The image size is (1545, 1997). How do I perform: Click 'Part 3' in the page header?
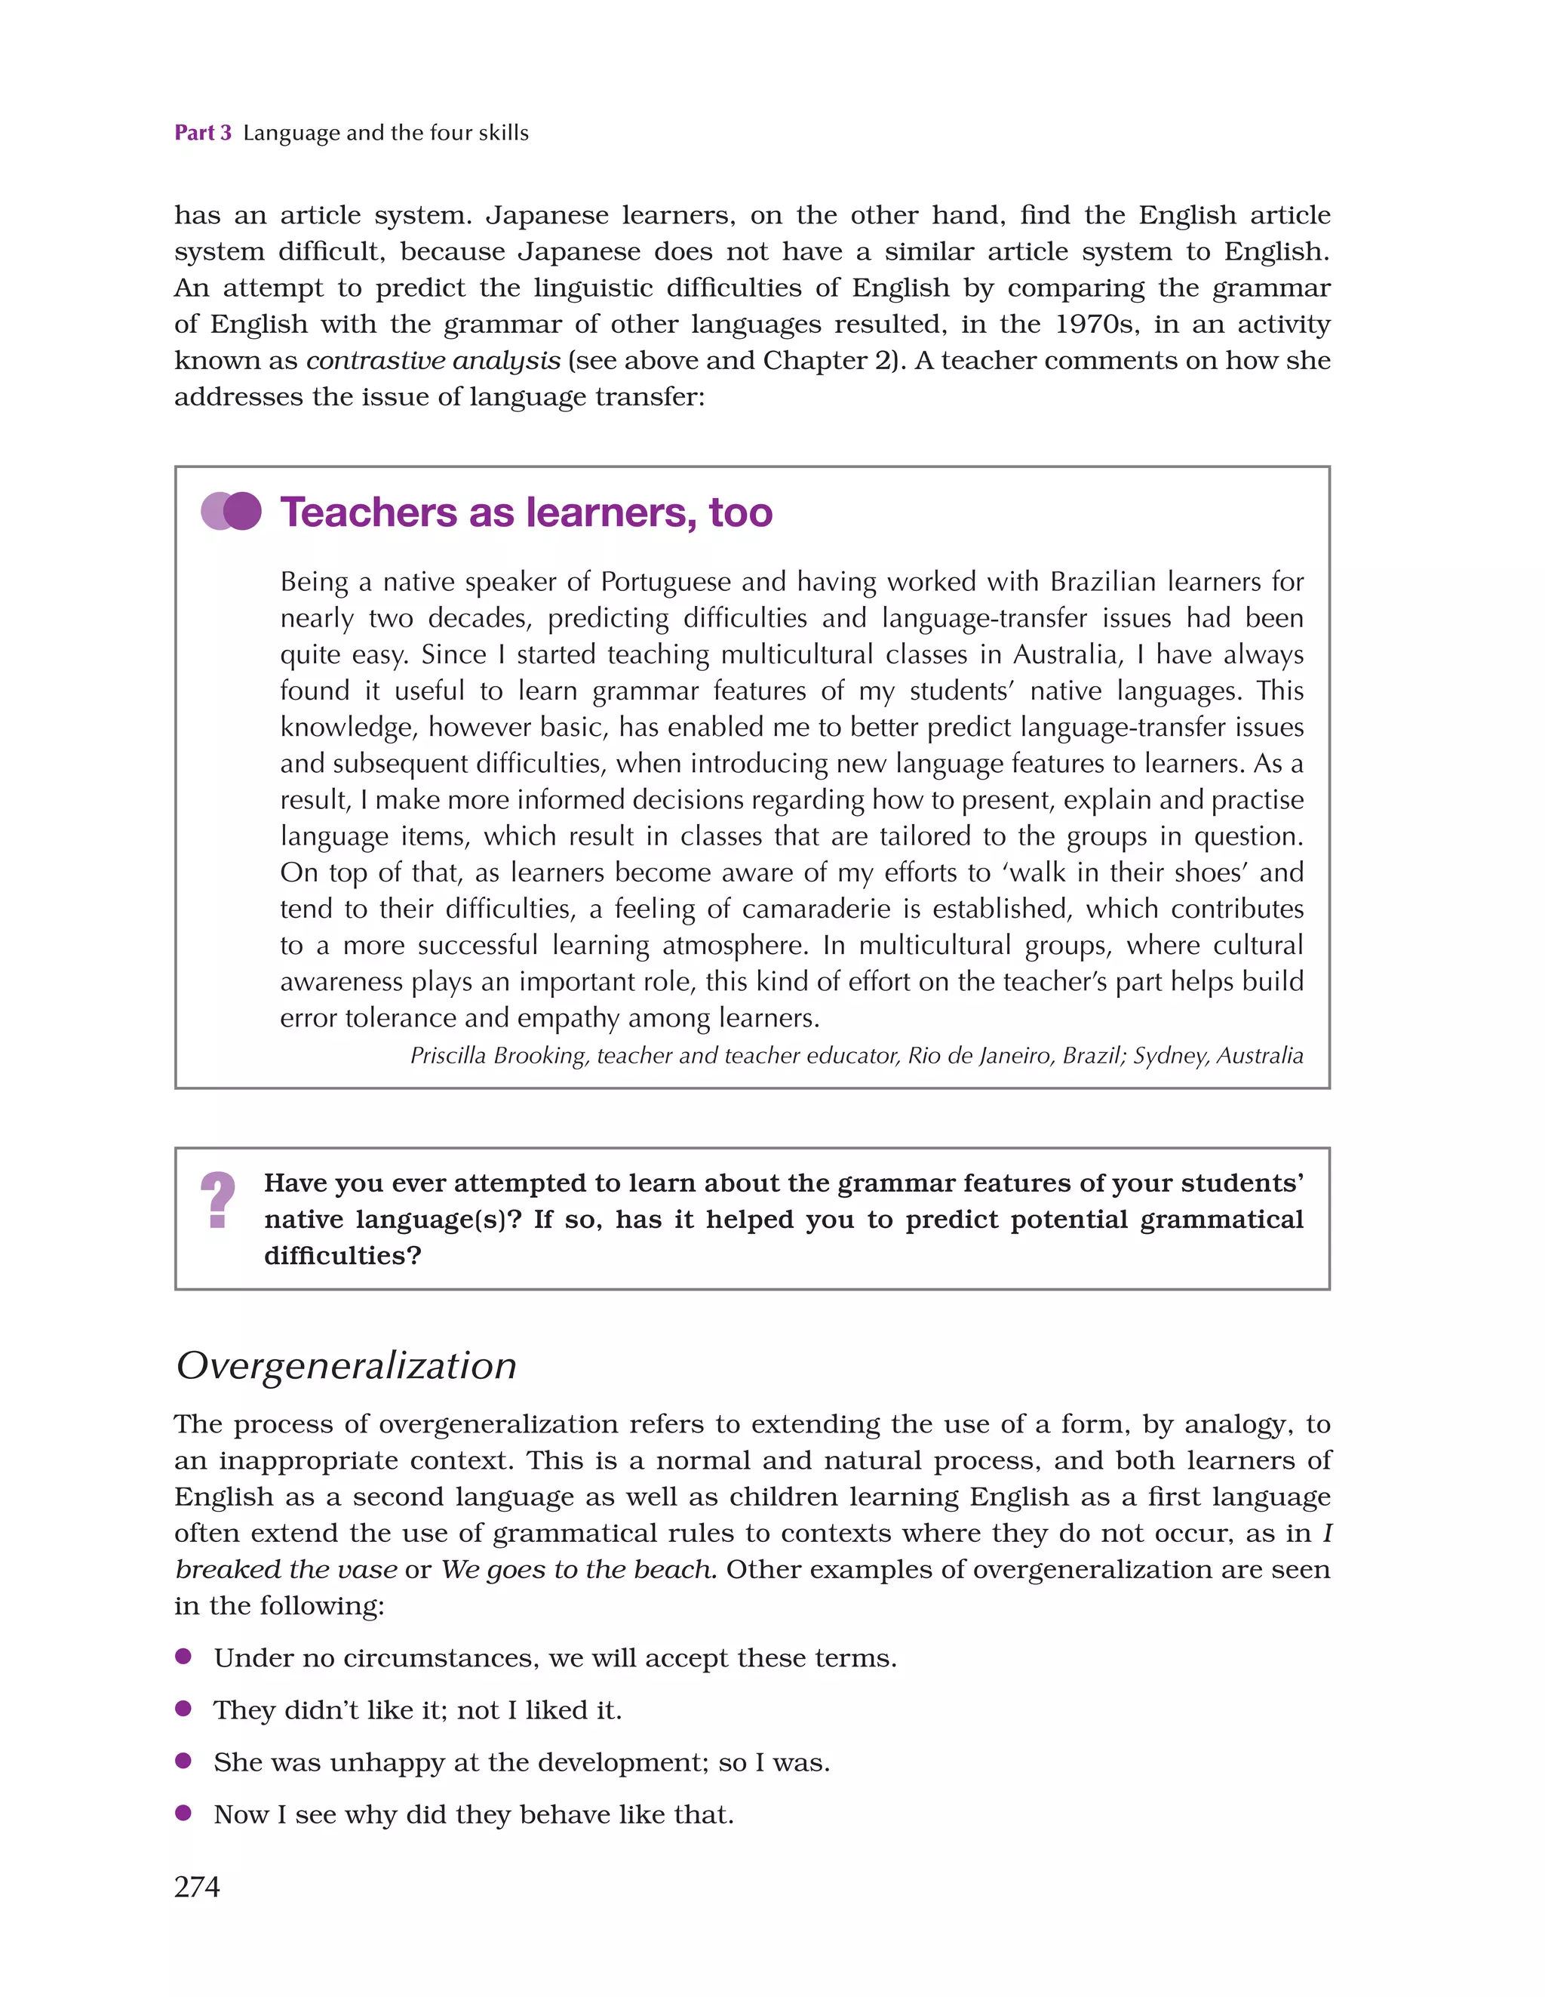pos(203,133)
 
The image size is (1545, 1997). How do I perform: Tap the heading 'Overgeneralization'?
pos(346,1365)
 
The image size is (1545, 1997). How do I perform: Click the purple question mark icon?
pos(217,1200)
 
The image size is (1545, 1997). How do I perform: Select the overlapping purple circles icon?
pos(232,511)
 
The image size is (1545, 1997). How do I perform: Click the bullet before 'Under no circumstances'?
pos(184,1656)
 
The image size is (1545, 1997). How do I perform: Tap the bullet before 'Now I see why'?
pos(184,1812)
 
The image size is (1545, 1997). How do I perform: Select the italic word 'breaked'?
pos(228,1569)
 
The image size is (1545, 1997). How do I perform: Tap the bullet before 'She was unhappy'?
pos(184,1760)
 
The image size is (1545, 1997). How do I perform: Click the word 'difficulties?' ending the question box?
pos(342,1255)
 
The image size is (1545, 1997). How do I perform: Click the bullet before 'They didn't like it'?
pos(184,1708)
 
